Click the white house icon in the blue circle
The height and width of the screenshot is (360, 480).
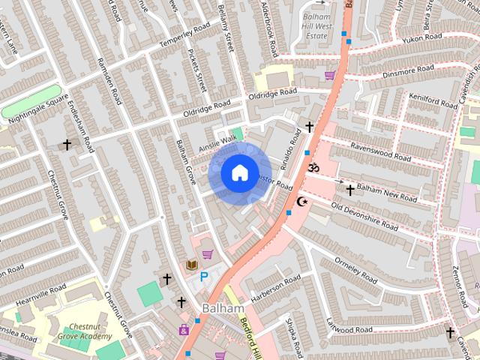pyautogui.click(x=239, y=173)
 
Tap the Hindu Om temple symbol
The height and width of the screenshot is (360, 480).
pyautogui.click(x=313, y=168)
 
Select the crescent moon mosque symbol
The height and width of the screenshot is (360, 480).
pyautogui.click(x=303, y=201)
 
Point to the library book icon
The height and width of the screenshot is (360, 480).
pyautogui.click(x=191, y=265)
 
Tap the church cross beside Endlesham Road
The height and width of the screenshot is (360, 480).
pyautogui.click(x=67, y=144)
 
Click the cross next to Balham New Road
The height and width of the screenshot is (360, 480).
pyautogui.click(x=349, y=190)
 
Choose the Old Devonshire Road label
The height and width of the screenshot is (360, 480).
pyautogui.click(x=364, y=215)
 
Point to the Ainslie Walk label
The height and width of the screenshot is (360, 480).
pyautogui.click(x=217, y=143)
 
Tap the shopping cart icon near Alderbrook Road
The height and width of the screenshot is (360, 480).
pyautogui.click(x=330, y=75)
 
